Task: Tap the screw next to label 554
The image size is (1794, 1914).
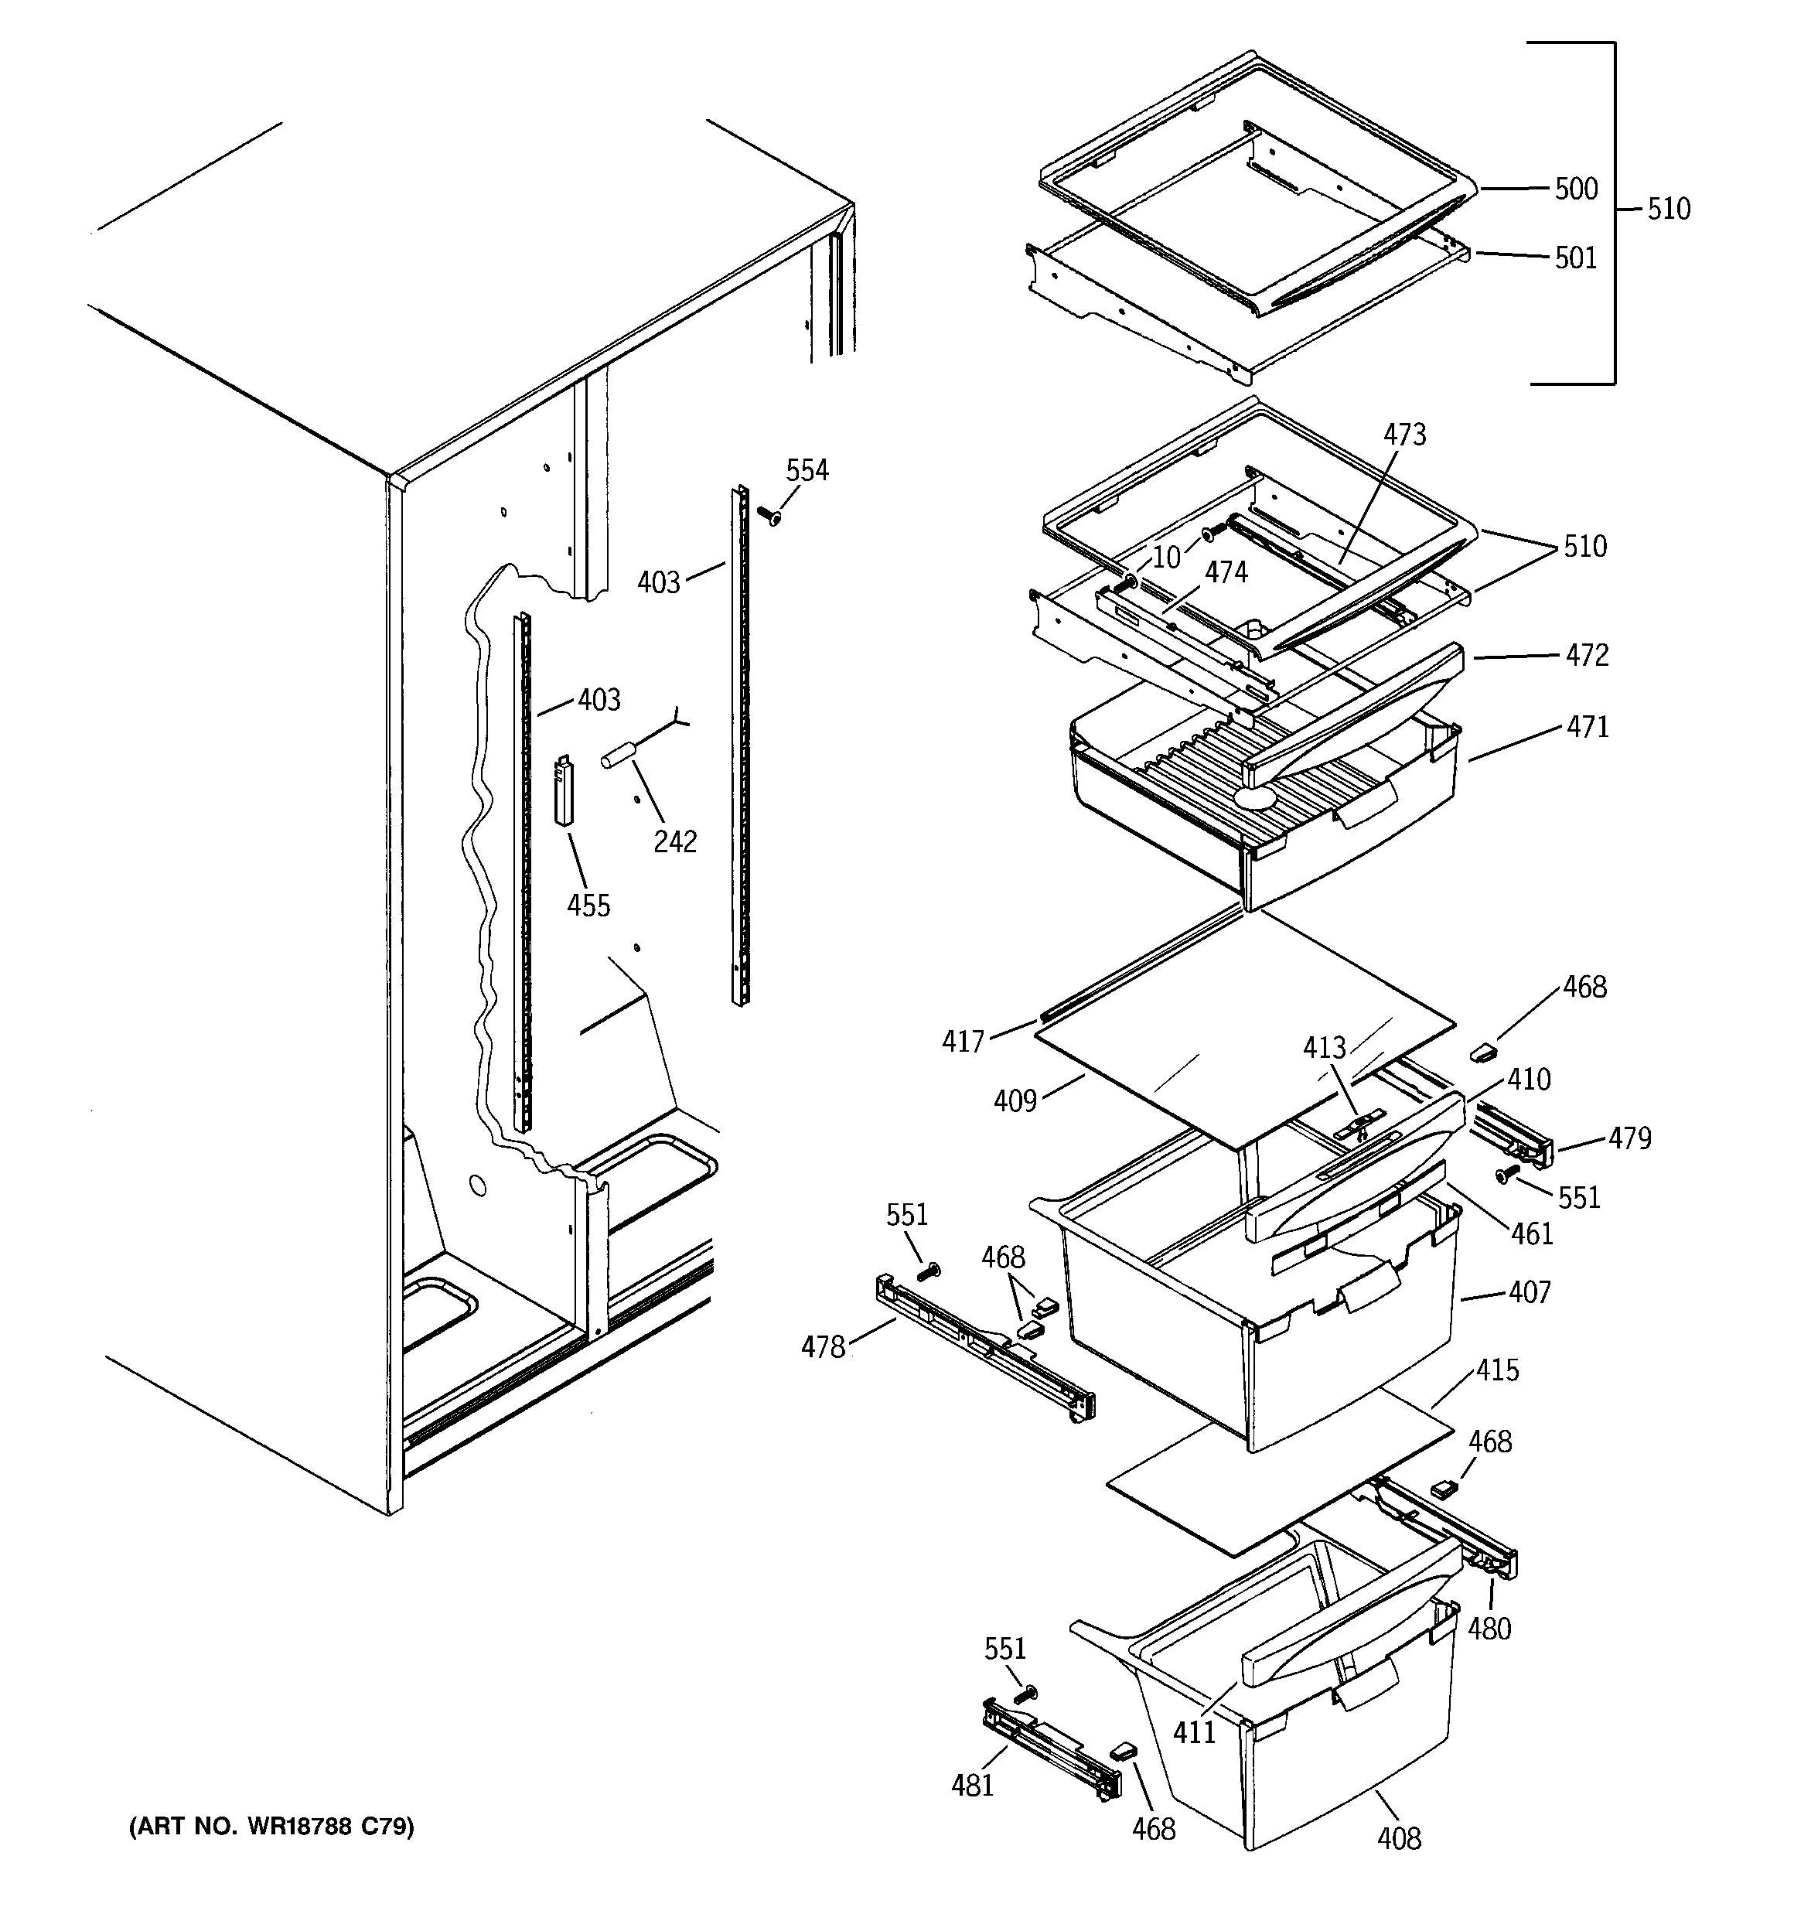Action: pos(769,516)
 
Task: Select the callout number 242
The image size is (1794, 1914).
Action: pos(674,841)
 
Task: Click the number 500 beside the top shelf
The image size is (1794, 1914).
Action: pos(1577,189)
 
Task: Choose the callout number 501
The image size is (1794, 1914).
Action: pos(1575,258)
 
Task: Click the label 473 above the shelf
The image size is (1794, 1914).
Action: pos(1404,435)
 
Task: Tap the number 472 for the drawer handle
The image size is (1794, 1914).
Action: pos(1587,656)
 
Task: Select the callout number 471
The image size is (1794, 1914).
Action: pos(1587,727)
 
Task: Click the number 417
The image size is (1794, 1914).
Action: pos(963,1041)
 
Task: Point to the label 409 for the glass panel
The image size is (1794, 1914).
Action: pos(1015,1100)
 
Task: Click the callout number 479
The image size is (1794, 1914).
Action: pos(1629,1138)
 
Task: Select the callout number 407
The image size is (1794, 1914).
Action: pos(1530,1292)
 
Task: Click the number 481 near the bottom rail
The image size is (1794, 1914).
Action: pos(972,1786)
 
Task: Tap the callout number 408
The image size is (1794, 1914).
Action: pos(1398,1839)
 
